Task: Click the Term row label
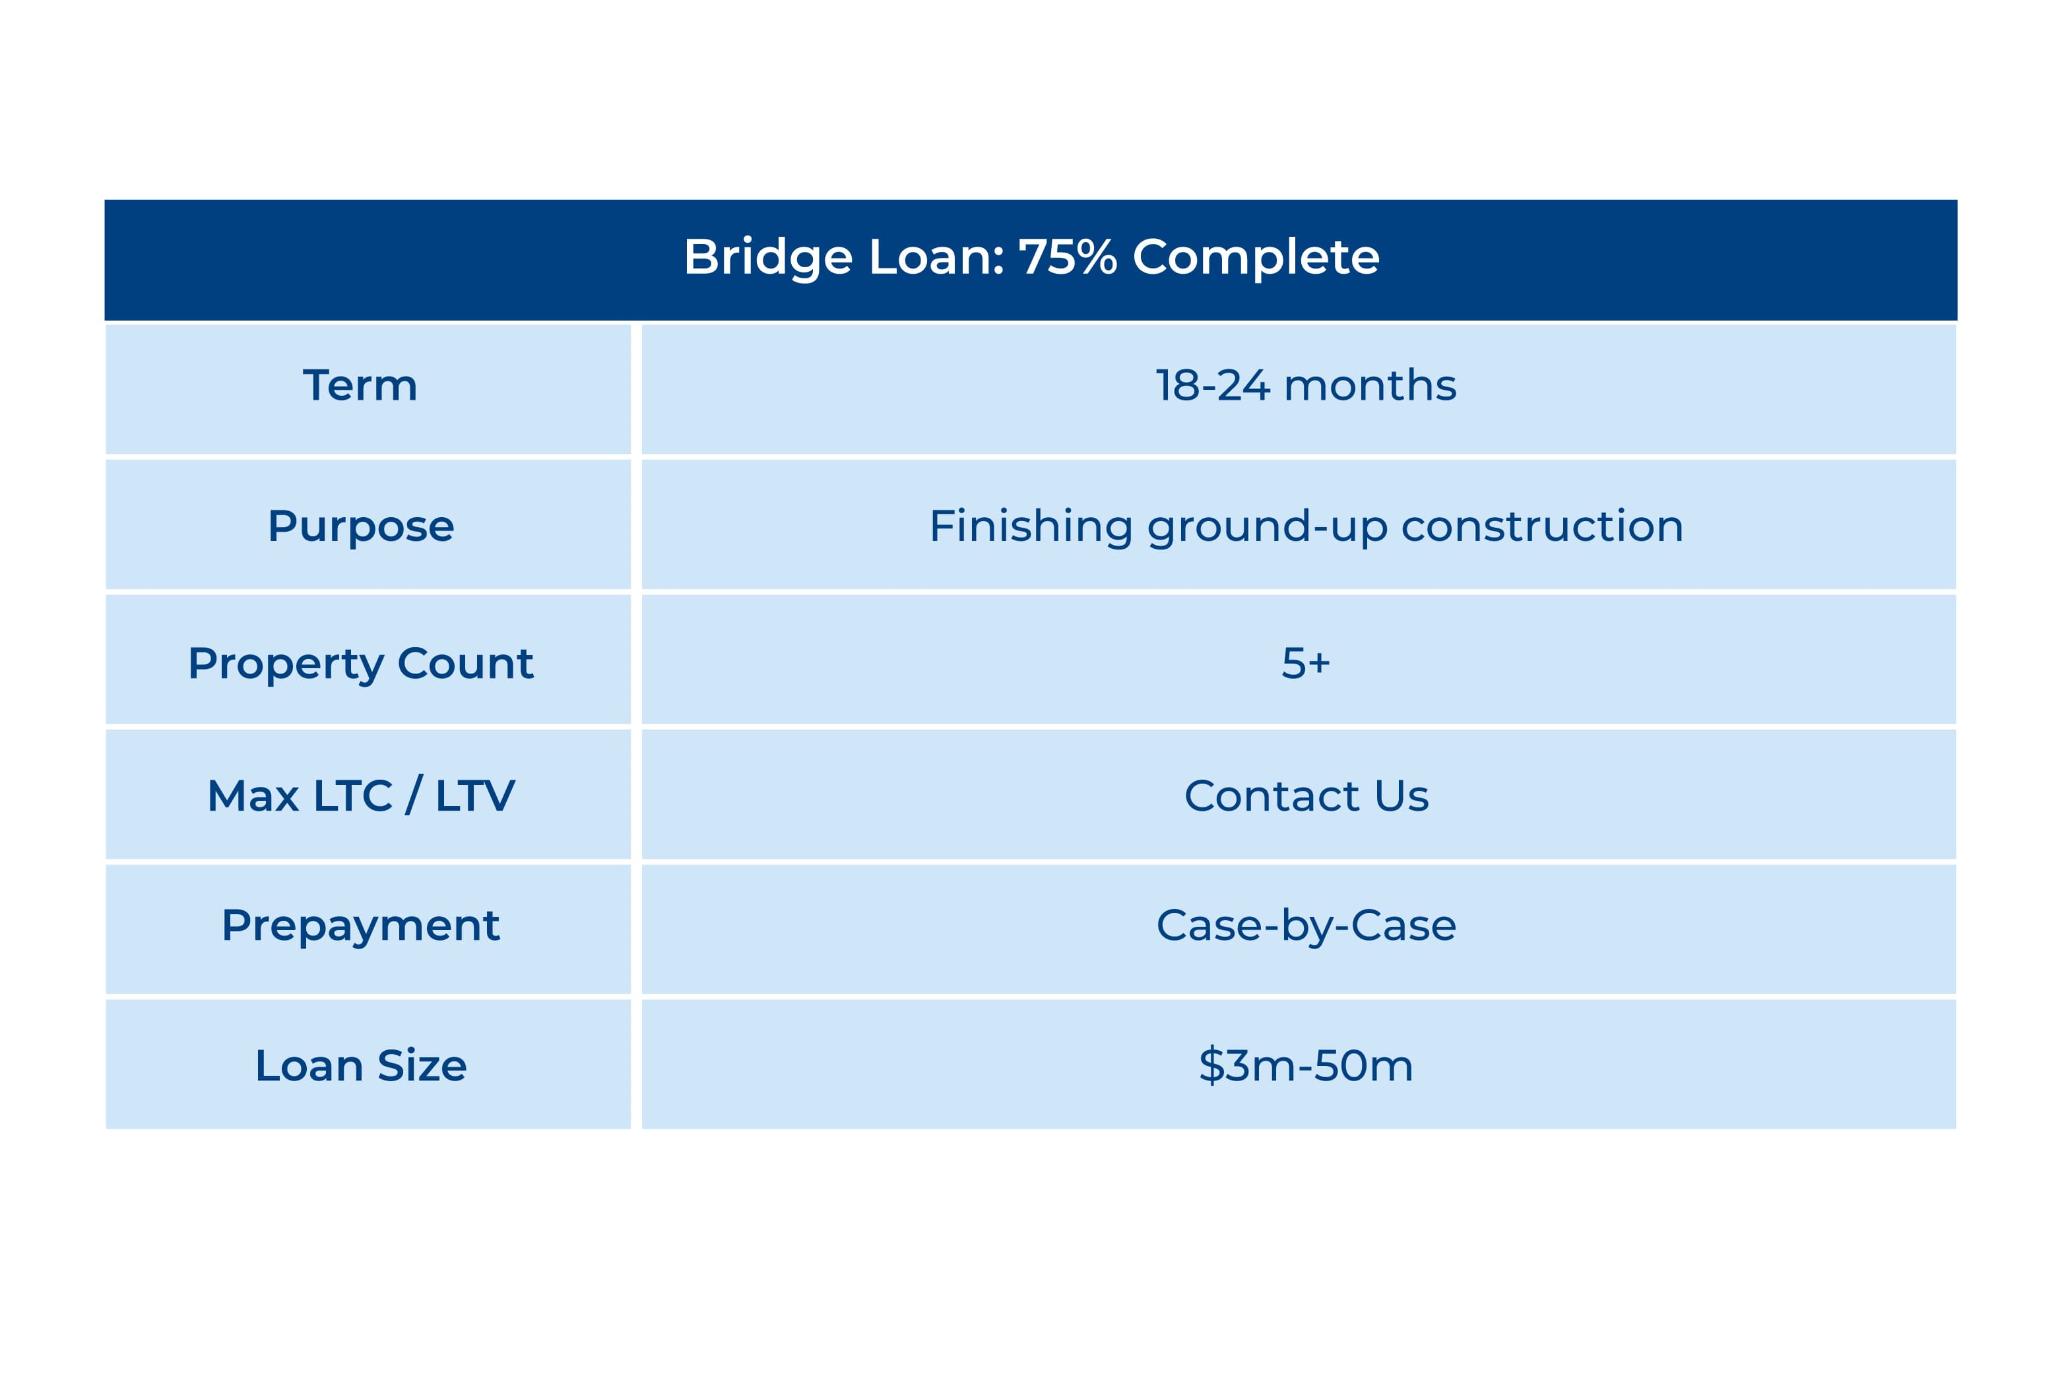[x=360, y=386]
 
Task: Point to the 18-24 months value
[x=1305, y=386]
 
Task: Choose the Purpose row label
[x=360, y=526]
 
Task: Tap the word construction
[x=1541, y=526]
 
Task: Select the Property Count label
[x=360, y=664]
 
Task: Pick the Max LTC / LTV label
[x=360, y=796]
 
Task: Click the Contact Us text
[x=1306, y=796]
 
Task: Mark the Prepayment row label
[x=360, y=926]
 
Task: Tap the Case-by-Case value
[x=1306, y=925]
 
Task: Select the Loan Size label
[x=360, y=1065]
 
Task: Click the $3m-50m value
[x=1305, y=1065]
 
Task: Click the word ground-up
[x=1267, y=526]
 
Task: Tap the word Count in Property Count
[x=465, y=664]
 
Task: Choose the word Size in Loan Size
[x=422, y=1065]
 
